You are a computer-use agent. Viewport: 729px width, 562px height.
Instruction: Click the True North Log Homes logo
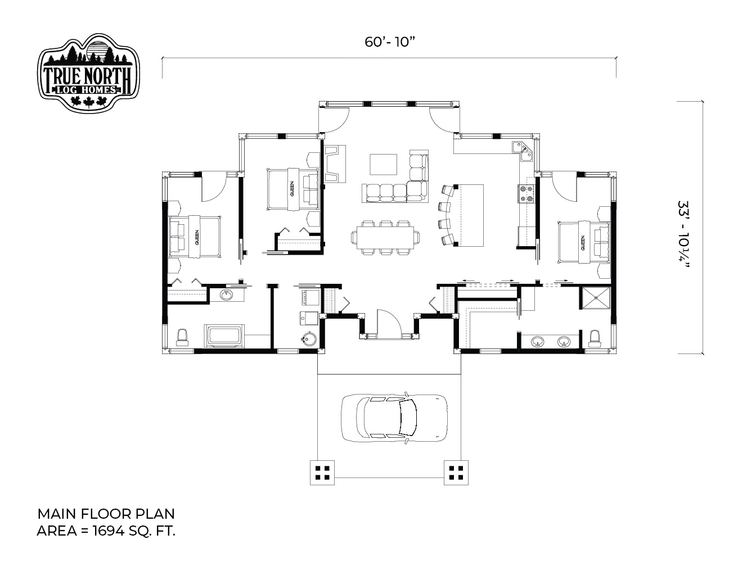point(88,72)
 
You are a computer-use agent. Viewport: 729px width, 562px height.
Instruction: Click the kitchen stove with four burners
point(526,194)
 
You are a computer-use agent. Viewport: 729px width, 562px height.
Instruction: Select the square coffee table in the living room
point(383,164)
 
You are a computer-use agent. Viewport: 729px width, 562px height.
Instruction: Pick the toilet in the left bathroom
point(182,337)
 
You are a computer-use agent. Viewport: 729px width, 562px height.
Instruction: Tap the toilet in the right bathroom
point(594,338)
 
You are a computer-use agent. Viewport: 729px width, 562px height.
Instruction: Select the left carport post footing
point(322,473)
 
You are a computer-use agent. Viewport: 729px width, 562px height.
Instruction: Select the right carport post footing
point(456,473)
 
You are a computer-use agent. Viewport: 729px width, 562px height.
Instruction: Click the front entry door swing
point(389,322)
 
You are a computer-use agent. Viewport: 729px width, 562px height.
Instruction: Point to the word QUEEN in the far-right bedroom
point(583,243)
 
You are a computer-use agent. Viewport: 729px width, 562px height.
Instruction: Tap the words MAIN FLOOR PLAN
point(106,514)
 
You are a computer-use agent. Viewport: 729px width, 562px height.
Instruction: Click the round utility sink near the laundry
point(309,338)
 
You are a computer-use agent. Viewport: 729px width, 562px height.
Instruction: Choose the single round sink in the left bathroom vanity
point(227,295)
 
